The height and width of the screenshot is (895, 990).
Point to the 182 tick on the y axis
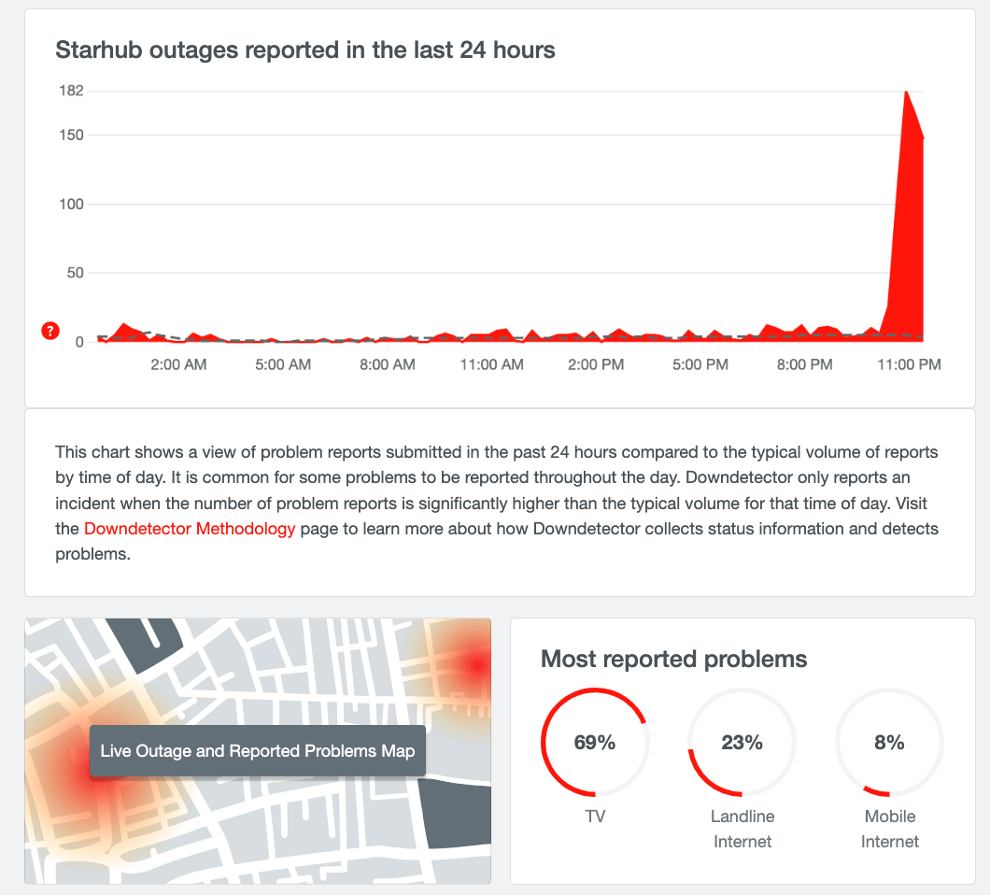click(x=71, y=91)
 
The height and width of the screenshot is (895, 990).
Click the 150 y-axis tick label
click(x=71, y=135)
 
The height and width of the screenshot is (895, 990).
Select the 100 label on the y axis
click(x=71, y=204)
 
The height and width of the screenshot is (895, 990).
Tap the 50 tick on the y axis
click(x=74, y=273)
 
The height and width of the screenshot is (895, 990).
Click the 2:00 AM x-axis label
click(x=178, y=364)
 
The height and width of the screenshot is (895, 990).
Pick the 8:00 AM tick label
click(x=387, y=364)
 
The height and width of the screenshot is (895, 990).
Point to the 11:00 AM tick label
click(x=491, y=364)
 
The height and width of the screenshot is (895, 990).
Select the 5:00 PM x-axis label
click(x=700, y=364)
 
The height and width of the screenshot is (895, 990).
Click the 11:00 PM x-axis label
click(x=908, y=364)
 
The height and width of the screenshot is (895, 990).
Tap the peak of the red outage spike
click(x=906, y=92)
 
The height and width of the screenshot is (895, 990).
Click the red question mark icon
click(x=50, y=331)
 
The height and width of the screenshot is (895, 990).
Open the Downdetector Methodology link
click(x=190, y=529)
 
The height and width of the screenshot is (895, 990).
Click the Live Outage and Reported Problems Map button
click(x=257, y=751)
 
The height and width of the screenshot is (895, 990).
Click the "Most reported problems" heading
click(x=673, y=659)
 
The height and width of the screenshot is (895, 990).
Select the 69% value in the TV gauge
click(x=595, y=743)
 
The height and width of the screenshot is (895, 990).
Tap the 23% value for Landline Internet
click(x=742, y=743)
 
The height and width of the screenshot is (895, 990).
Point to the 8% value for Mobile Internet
click(x=889, y=743)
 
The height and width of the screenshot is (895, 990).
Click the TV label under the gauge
click(x=595, y=817)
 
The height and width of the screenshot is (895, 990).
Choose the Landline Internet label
click(x=742, y=829)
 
